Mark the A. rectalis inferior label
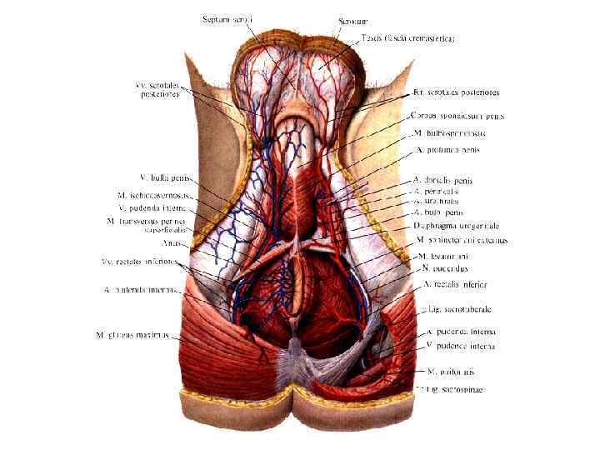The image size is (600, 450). click(x=454, y=284)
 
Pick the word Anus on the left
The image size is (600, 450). click(x=173, y=243)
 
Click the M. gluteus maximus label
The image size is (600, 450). click(x=133, y=336)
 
